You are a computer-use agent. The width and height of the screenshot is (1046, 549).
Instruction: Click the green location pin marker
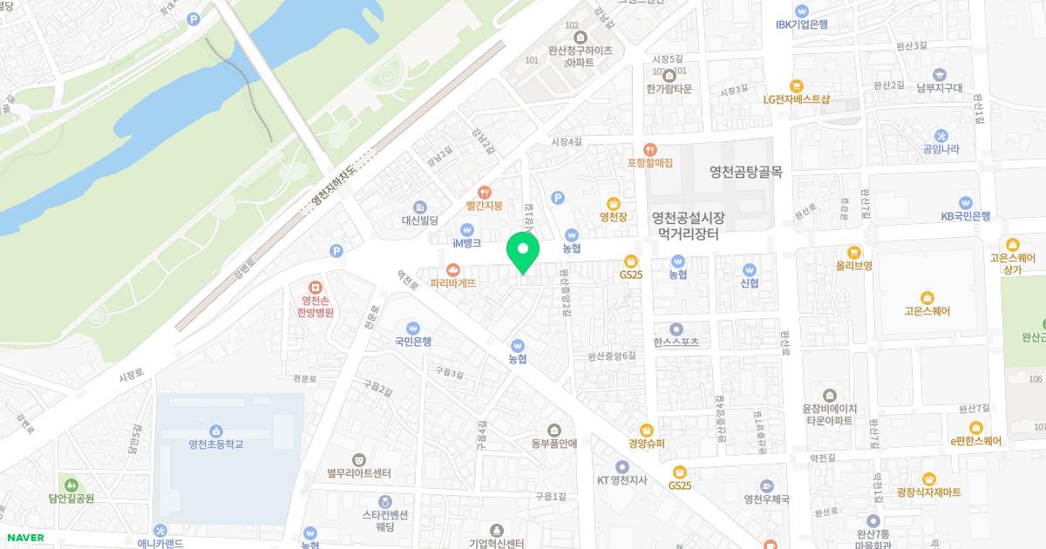[523, 253]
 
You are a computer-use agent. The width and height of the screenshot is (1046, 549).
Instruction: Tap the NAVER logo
[25, 538]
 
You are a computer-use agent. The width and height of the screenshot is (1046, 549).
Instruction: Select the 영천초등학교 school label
[215, 444]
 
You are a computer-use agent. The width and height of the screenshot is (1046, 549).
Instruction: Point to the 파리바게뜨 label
[453, 282]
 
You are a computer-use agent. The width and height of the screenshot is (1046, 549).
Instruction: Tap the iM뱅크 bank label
[467, 242]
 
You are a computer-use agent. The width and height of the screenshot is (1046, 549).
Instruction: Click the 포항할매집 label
[650, 162]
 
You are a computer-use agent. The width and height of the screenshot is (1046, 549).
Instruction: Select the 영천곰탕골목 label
[745, 172]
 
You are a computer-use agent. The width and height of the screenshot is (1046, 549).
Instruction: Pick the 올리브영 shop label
[854, 265]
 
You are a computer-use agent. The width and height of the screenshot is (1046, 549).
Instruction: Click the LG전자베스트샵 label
[796, 98]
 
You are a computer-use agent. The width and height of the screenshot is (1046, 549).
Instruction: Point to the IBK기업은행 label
[801, 24]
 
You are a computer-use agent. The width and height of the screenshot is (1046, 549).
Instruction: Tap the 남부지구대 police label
[939, 87]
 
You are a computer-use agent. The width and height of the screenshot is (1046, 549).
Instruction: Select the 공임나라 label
[941, 149]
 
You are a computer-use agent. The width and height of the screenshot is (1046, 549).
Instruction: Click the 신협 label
[749, 282]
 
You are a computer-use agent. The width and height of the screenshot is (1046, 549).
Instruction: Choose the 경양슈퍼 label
[646, 443]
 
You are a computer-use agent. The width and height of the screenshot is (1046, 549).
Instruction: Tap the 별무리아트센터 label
[358, 473]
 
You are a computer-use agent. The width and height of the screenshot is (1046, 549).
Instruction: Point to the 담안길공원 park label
[71, 498]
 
